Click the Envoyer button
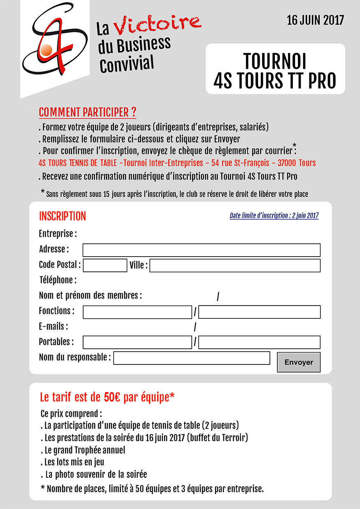pos(298,362)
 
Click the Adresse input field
pos(201,250)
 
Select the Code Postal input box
pos(105,265)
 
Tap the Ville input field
pos(235,265)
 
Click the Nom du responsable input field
pos(191,358)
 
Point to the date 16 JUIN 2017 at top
pos(315,20)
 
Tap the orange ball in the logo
pos(46,49)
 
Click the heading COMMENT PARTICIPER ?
pos(87,112)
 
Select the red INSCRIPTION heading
pos(62,216)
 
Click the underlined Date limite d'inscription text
pos(274,215)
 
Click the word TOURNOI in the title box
pos(275,61)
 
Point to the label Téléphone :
pos(58,280)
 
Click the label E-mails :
pos(53,327)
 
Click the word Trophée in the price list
pos(93,450)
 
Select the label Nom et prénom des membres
pos(90,295)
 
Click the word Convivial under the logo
pos(127,63)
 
